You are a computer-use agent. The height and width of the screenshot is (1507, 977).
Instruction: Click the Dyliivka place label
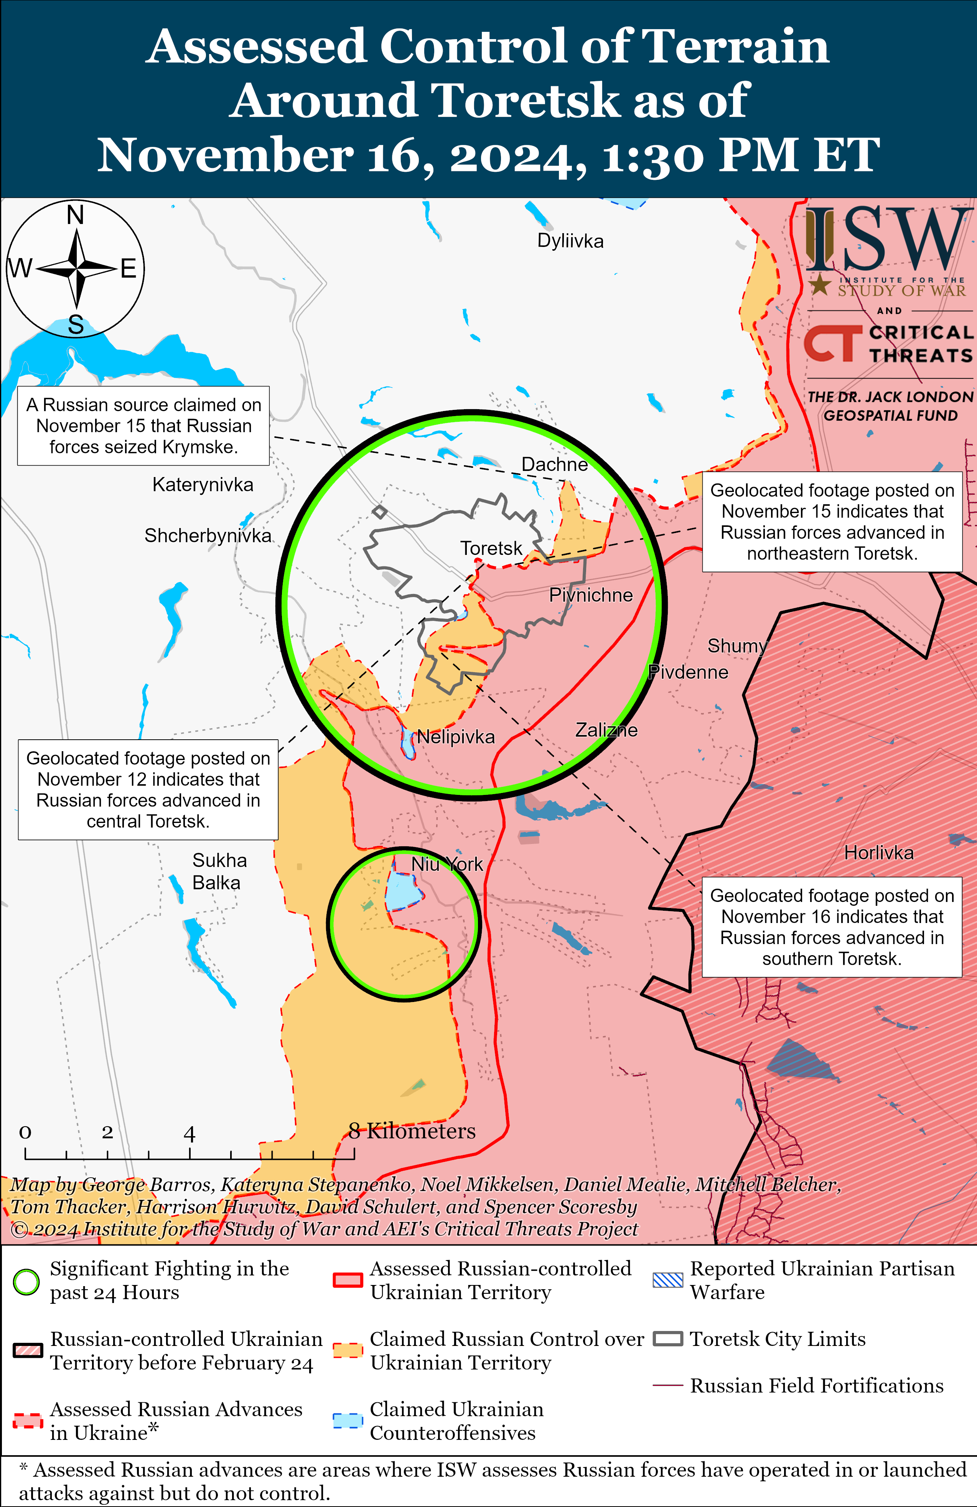coord(570,241)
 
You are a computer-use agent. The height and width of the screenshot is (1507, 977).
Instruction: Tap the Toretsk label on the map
coord(491,548)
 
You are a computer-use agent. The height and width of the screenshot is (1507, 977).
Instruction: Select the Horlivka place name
coord(879,853)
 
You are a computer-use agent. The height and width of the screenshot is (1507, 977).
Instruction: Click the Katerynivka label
coord(203,485)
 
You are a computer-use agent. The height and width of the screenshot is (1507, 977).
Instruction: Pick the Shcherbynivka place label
coord(208,536)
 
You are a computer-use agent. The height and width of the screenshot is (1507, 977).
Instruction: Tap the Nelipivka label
coord(456,737)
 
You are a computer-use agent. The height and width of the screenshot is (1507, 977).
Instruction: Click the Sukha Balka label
coord(219,871)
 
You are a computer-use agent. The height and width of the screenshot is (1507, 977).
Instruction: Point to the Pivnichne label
coord(590,595)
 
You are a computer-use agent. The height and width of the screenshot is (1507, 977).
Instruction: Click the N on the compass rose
coord(76,215)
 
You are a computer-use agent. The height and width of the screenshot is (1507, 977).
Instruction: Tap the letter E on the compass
coord(129,269)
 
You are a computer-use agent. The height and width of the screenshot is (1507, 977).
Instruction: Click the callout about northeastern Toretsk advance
coord(832,522)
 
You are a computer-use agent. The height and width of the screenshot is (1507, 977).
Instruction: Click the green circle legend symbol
coord(26,1282)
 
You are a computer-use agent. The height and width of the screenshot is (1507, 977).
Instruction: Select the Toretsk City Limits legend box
coord(668,1339)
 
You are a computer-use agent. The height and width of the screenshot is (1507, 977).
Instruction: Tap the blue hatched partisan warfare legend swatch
coord(668,1280)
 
